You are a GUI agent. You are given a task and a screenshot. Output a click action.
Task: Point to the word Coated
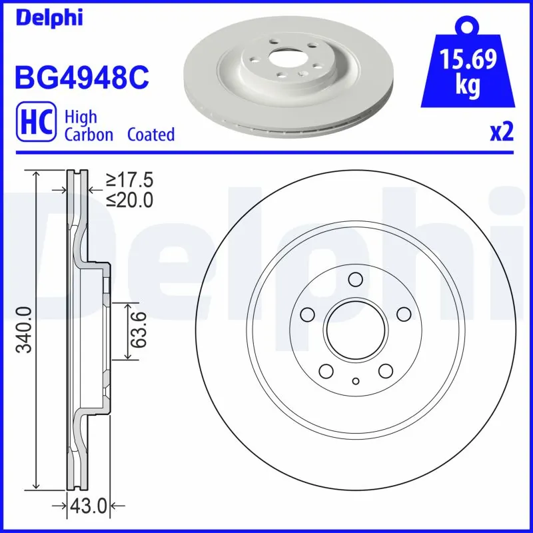(x=151, y=135)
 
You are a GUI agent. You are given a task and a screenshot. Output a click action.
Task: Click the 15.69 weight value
(x=469, y=61)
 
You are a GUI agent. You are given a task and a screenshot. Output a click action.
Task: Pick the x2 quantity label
(x=501, y=133)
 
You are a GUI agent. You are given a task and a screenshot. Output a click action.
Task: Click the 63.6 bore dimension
(x=138, y=330)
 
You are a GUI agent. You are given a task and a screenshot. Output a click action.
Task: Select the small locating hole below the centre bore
(x=355, y=381)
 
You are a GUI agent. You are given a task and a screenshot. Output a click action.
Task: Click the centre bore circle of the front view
(x=355, y=329)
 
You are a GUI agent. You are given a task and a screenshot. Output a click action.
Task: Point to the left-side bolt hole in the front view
(x=307, y=314)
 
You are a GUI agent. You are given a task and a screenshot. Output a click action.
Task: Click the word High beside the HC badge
(x=80, y=117)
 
